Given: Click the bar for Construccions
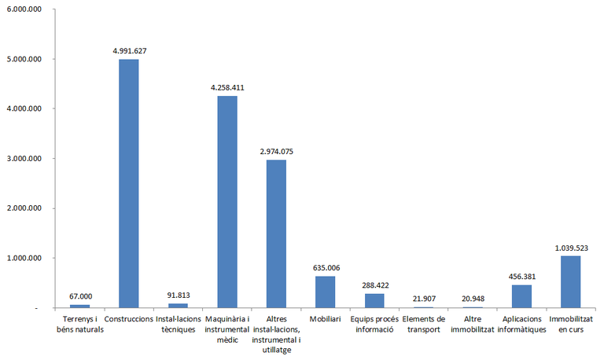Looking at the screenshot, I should [x=129, y=183].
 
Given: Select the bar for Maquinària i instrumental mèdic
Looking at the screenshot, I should [x=227, y=202].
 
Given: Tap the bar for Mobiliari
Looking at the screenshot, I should [x=325, y=292].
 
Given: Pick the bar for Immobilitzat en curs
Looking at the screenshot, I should [x=570, y=281].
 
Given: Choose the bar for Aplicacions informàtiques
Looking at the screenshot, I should [x=521, y=296].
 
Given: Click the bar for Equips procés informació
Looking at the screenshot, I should [x=374, y=300].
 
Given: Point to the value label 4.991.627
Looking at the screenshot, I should [x=129, y=50].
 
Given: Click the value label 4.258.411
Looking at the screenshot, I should [x=227, y=87].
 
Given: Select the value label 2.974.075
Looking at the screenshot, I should [x=276, y=151].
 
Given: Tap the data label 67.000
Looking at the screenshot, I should [x=80, y=296].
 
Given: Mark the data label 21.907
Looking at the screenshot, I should [x=423, y=299].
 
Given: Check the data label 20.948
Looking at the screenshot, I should [x=473, y=299].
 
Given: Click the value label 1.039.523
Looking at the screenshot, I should [x=570, y=248].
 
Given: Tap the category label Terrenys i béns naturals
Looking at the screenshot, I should [x=80, y=324].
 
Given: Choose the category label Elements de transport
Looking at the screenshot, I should [x=423, y=324].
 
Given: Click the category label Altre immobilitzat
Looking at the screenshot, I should [x=473, y=324].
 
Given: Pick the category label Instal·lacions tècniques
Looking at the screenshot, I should [x=178, y=324].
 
